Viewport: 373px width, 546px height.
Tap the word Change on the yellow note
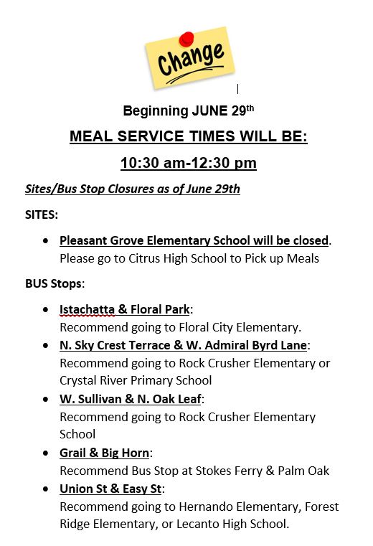[x=191, y=60]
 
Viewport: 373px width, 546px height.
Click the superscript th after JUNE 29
[x=250, y=108]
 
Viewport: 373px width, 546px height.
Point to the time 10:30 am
[x=151, y=163]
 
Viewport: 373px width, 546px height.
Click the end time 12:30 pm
[x=223, y=163]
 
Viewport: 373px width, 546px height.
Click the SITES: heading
[x=42, y=215]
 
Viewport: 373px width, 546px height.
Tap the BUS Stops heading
[x=55, y=283]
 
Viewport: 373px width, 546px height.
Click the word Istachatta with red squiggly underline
[x=88, y=309]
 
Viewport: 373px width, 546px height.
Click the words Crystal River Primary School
[x=136, y=380]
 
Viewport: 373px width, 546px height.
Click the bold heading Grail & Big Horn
[x=105, y=453]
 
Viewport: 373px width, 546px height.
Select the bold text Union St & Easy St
[x=111, y=489]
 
